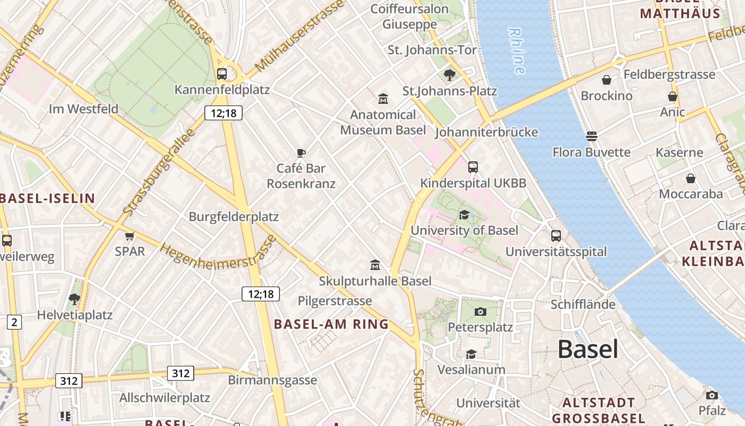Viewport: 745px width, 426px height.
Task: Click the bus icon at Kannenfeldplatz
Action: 222,74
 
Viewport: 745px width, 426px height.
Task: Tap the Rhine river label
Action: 517,51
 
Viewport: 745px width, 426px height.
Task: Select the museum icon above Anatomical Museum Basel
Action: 383,99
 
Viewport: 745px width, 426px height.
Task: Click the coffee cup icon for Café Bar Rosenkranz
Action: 301,153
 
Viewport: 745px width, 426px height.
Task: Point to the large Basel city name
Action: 587,350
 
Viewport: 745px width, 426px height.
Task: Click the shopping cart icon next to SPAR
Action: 129,236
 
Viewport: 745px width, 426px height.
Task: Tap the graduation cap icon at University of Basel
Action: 464,215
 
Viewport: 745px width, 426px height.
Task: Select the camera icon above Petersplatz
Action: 480,312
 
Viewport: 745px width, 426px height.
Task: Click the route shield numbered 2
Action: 14,322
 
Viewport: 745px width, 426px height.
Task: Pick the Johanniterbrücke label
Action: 486,132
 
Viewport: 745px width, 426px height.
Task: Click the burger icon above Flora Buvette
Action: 591,136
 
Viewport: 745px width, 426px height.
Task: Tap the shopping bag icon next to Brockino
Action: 606,80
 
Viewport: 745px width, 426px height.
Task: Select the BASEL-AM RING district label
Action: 331,324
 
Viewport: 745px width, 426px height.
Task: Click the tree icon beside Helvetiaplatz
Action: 74,299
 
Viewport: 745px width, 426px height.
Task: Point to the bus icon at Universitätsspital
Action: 556,235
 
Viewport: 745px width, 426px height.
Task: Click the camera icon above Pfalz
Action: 711,395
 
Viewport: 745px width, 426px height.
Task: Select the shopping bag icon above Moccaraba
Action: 690,178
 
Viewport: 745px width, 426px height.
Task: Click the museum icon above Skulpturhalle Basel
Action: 375,265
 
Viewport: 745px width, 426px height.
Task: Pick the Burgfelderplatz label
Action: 234,217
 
